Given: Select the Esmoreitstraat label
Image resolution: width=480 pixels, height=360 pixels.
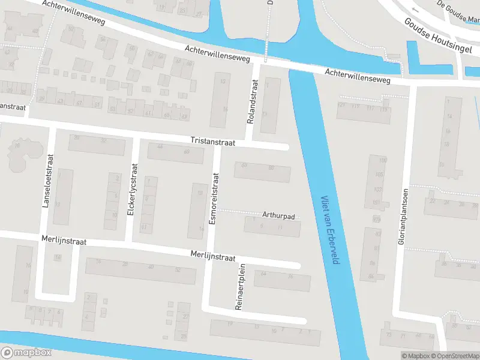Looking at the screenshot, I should click(212, 199).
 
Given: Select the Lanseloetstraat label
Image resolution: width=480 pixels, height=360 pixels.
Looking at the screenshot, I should click(45, 186).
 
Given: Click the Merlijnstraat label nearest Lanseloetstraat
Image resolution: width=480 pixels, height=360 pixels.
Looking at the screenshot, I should click(64, 241).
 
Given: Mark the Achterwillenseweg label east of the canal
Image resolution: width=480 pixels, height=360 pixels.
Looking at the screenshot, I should click(358, 76).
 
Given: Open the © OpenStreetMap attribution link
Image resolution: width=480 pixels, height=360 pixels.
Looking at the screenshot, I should click(454, 356).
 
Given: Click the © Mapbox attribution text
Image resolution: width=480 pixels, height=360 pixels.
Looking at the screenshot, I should click(415, 356).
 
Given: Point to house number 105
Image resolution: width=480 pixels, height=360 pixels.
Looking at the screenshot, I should click(378, 175).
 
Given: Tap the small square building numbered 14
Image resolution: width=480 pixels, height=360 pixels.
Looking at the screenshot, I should click(58, 258).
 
